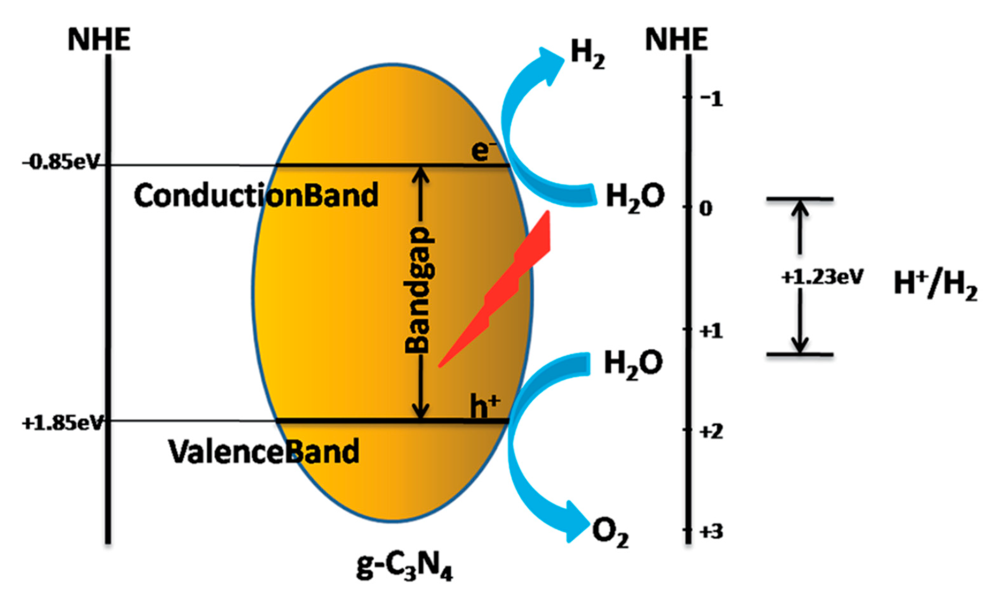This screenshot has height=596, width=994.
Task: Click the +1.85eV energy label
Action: click(63, 423)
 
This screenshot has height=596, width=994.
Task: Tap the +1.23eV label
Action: click(822, 277)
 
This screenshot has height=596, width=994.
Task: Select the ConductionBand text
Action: click(256, 196)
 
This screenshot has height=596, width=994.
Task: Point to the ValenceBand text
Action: click(263, 451)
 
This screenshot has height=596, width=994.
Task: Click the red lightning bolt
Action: click(502, 289)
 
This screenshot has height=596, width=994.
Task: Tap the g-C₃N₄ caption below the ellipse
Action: click(404, 567)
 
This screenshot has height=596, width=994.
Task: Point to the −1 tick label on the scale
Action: click(710, 99)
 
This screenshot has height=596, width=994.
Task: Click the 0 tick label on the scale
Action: click(706, 208)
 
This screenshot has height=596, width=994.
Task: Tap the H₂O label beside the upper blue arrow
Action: click(635, 198)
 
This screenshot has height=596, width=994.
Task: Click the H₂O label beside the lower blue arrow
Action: click(633, 364)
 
